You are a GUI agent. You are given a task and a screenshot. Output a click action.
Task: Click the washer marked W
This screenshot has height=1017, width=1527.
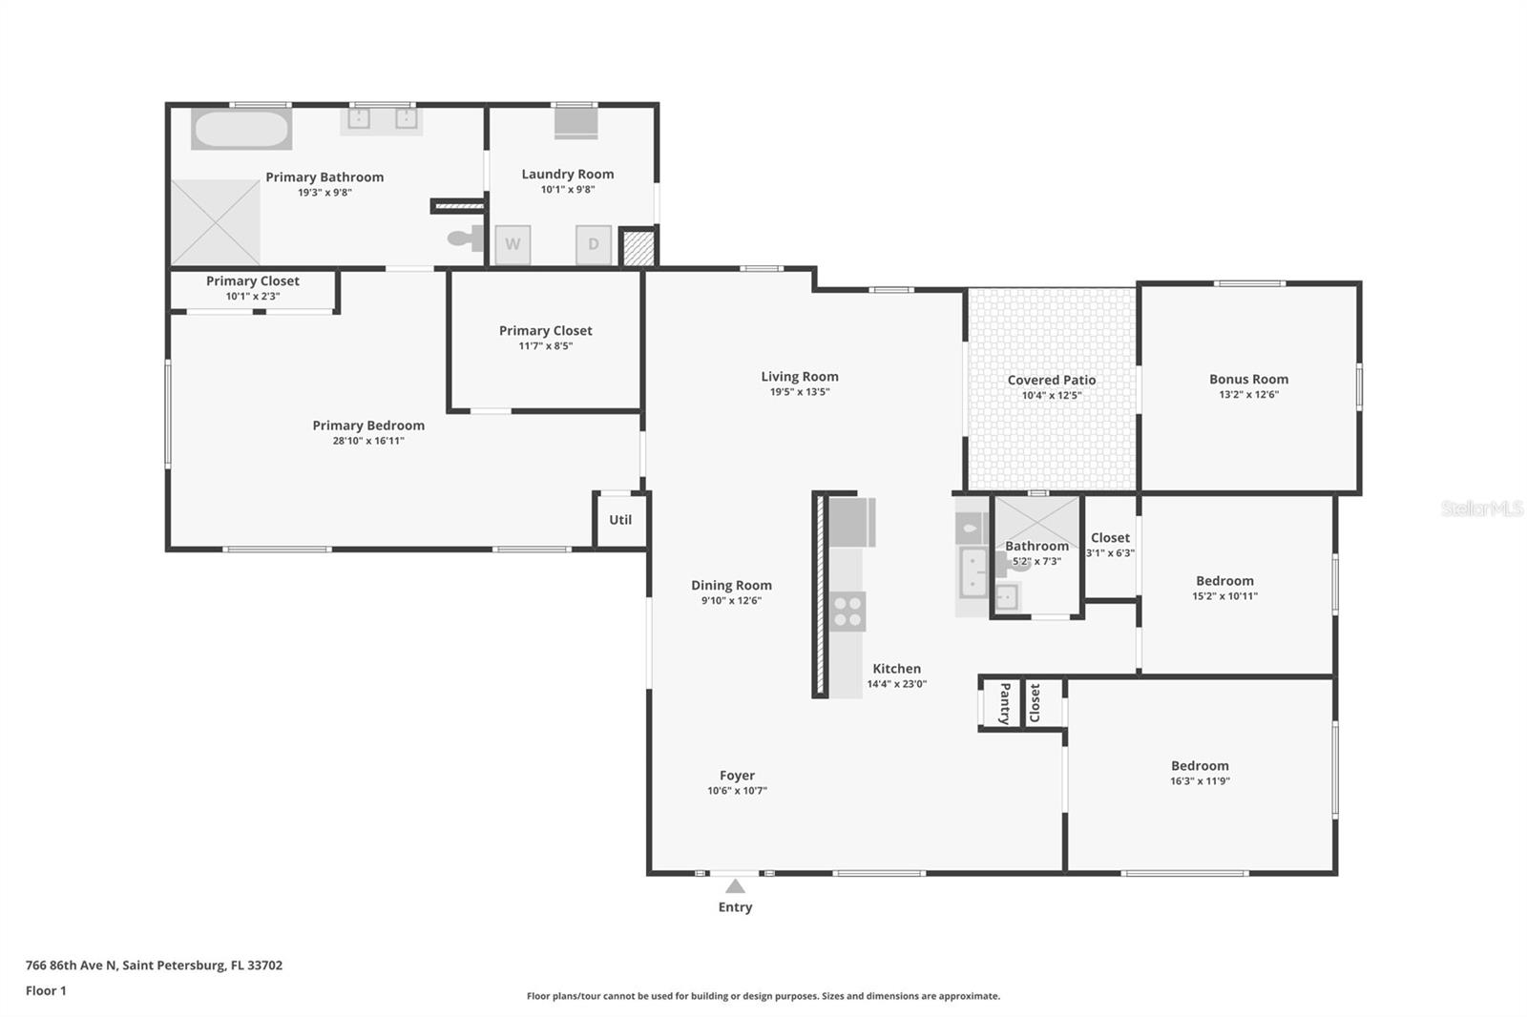(512, 244)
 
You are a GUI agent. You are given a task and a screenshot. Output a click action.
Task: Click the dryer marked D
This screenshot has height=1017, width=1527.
(593, 244)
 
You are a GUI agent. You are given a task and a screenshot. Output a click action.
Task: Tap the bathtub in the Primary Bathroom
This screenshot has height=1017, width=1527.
(241, 129)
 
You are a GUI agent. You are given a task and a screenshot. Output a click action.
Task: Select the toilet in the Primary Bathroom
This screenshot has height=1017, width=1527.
(466, 238)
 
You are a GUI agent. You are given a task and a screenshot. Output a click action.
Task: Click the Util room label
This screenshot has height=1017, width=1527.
(620, 519)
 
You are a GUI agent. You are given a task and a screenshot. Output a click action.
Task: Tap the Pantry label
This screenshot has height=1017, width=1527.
(1005, 703)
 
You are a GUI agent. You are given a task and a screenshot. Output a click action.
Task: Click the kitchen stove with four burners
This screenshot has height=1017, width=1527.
(848, 611)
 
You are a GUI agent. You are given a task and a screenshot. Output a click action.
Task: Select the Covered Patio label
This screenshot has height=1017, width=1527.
(1052, 380)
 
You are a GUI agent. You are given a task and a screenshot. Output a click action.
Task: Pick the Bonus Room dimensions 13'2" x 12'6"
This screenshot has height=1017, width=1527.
(1249, 394)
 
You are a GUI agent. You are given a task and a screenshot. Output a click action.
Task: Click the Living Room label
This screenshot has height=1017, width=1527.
(800, 376)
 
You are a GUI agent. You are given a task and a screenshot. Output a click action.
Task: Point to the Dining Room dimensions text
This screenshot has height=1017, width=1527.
(731, 600)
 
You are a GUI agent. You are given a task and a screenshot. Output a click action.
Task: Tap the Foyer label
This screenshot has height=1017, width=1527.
(737, 775)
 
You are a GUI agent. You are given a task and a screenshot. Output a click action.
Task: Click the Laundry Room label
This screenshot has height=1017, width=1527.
(568, 174)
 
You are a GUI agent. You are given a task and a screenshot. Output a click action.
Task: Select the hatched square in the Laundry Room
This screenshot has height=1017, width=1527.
(639, 247)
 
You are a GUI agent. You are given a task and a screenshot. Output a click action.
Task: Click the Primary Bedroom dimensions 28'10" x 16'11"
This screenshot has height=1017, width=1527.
(368, 441)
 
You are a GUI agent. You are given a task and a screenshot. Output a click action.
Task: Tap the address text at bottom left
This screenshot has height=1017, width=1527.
(154, 965)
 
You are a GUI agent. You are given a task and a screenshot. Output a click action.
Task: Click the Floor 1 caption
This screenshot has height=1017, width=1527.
(46, 990)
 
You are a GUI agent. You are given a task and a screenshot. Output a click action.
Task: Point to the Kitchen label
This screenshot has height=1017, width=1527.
(896, 669)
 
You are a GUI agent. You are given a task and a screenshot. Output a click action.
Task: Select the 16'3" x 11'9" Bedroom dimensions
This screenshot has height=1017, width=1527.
(1200, 781)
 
